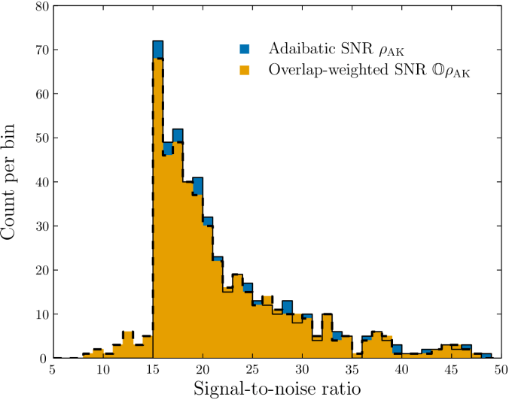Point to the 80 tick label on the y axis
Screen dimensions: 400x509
pos(35,7)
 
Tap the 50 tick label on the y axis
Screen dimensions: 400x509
pos(35,138)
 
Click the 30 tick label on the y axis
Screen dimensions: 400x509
pos(35,226)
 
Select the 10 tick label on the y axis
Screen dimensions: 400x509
pos(35,314)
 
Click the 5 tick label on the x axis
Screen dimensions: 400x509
pos(53,370)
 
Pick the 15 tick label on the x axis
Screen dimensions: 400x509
pos(153,370)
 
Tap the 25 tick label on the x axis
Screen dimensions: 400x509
pos(252,370)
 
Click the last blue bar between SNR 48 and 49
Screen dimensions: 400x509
pos(486,356)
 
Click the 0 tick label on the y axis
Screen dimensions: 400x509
pos(39,358)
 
